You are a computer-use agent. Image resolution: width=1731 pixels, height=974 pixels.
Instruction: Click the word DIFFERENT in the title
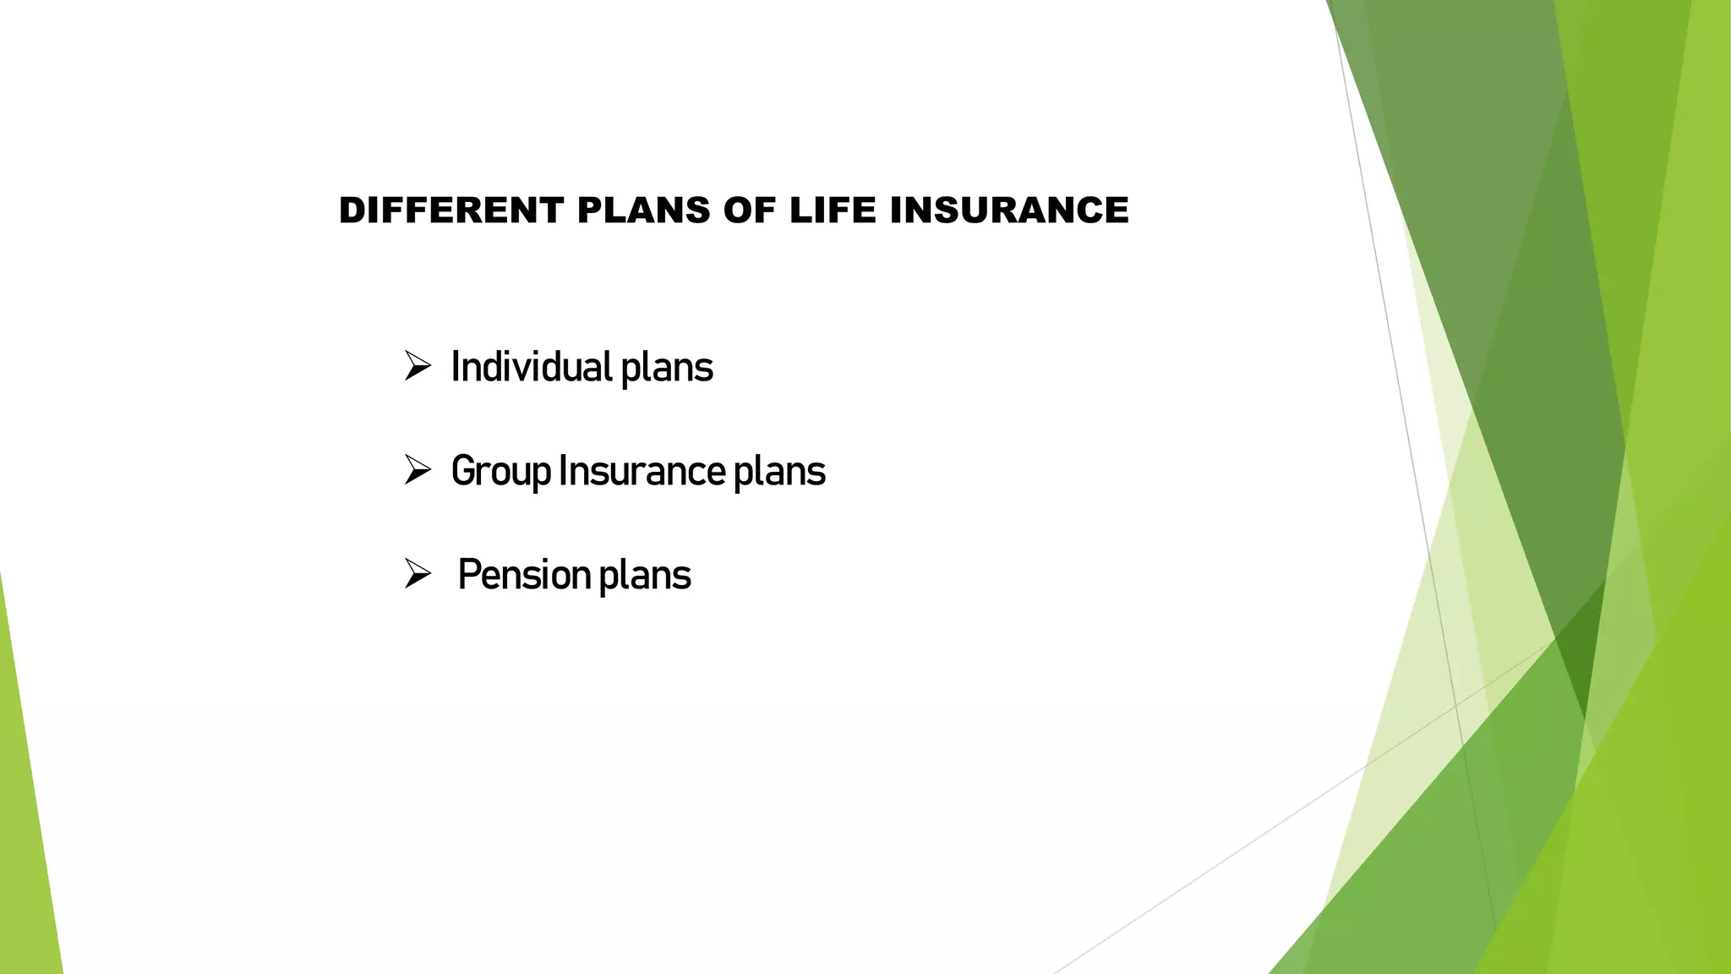(450, 211)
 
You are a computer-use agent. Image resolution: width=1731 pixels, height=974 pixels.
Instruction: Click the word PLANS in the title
(643, 211)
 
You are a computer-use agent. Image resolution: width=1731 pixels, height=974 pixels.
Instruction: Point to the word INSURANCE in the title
(1009, 211)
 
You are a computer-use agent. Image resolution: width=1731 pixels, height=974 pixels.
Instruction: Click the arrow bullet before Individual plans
(418, 367)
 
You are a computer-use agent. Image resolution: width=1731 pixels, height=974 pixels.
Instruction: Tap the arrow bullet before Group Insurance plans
(418, 470)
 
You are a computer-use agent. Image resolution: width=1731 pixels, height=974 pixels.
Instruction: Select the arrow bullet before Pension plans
(418, 574)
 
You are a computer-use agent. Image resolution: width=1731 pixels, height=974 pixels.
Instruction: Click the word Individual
(532, 367)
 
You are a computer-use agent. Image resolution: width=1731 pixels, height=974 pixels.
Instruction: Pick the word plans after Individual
(667, 369)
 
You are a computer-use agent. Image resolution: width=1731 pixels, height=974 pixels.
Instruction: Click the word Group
(500, 472)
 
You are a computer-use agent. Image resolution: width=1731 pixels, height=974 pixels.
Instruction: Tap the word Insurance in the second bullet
(642, 470)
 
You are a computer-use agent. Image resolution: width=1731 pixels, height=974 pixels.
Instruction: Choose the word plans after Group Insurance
(778, 473)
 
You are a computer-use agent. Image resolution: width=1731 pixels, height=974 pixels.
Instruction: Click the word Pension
(524, 575)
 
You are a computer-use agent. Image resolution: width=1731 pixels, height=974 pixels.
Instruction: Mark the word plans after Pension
(645, 577)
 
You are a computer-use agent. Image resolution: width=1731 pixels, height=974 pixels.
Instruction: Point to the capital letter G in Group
(461, 471)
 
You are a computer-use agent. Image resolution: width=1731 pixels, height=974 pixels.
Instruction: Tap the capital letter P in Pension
(467, 575)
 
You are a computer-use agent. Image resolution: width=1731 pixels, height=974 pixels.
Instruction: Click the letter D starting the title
(351, 211)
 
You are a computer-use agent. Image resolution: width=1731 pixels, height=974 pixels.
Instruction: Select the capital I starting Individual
(455, 367)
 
